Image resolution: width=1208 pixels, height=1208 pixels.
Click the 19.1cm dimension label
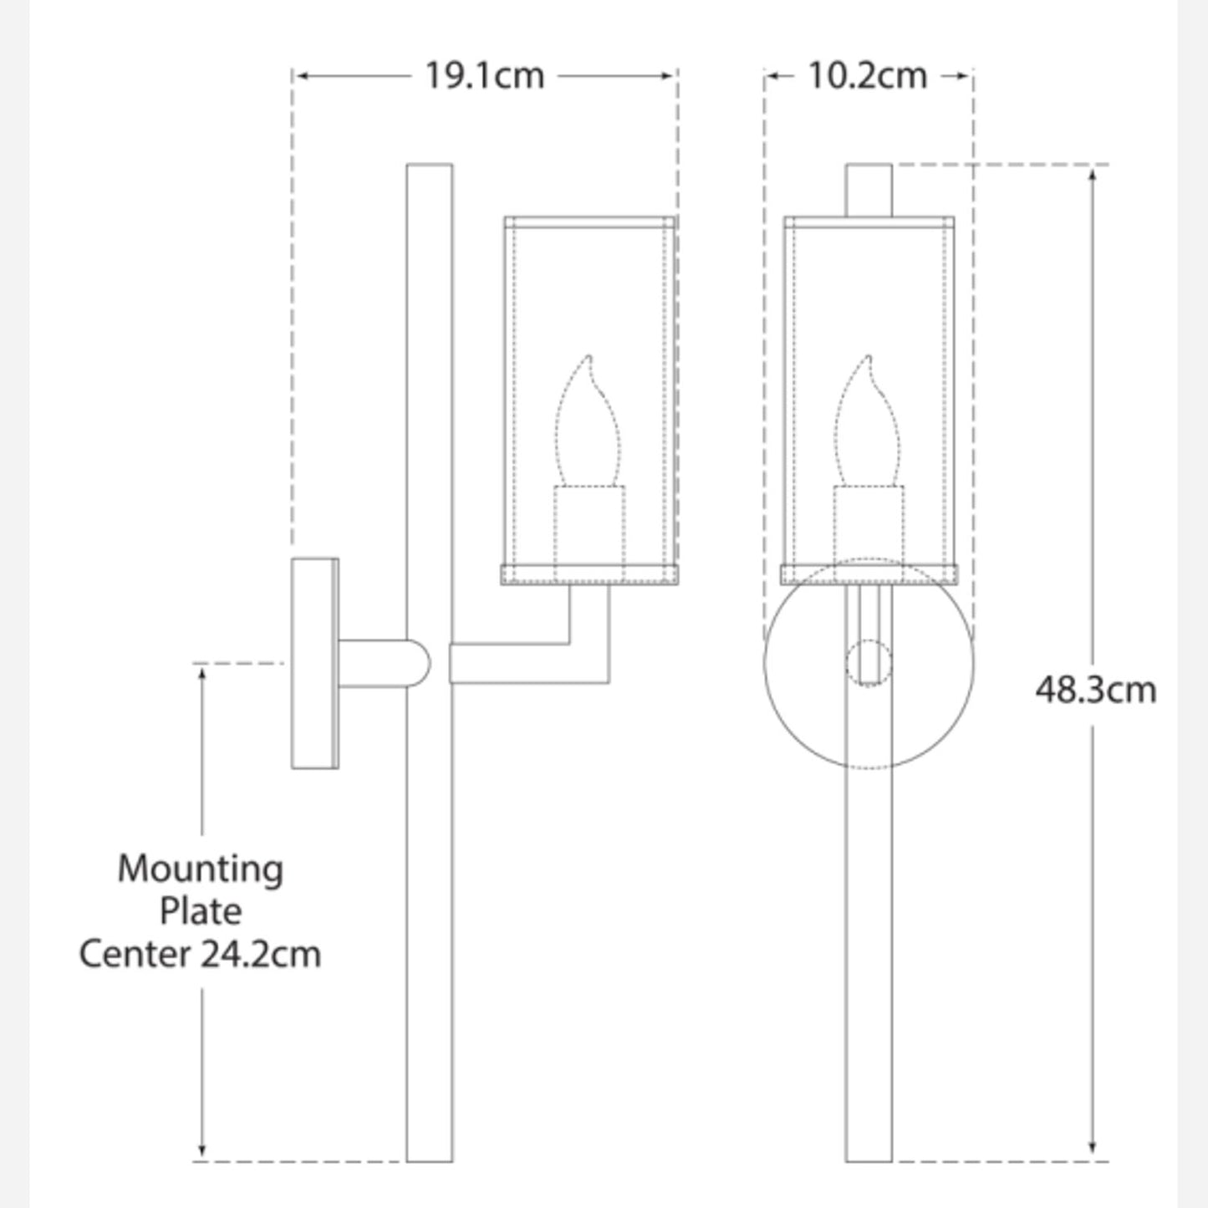[x=485, y=76]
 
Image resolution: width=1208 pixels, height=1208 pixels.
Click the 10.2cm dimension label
[x=867, y=76]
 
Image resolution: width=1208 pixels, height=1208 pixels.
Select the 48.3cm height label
[x=1095, y=691]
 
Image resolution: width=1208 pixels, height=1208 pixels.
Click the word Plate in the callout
[x=201, y=911]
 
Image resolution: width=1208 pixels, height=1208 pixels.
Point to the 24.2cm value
[x=261, y=954]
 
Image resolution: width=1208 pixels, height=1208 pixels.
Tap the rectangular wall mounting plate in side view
[x=314, y=663]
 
